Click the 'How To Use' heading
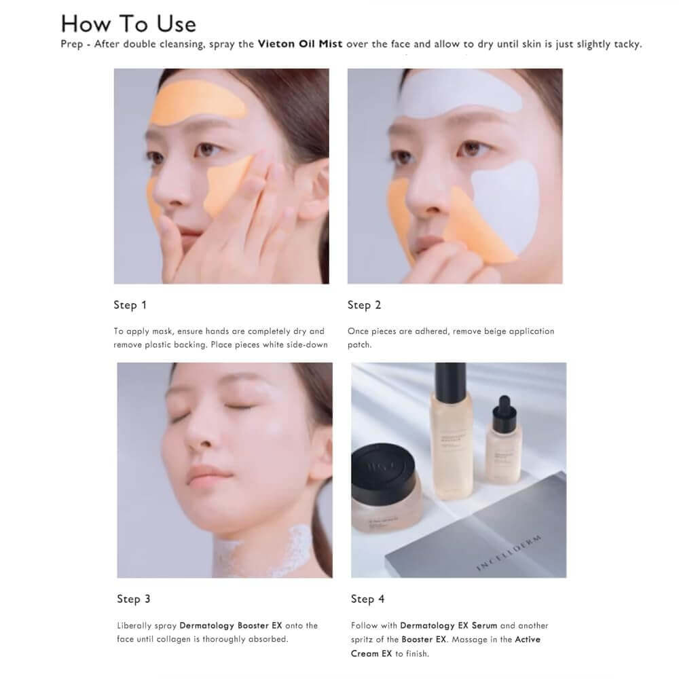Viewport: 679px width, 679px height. (128, 24)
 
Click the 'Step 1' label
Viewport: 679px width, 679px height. (130, 305)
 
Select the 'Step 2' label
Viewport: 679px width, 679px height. (364, 305)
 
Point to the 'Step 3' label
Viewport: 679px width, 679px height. (133, 599)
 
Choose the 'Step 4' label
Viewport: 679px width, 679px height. (367, 599)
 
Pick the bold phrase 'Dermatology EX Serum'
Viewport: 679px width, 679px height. (448, 625)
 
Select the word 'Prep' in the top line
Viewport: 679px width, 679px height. (73, 45)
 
